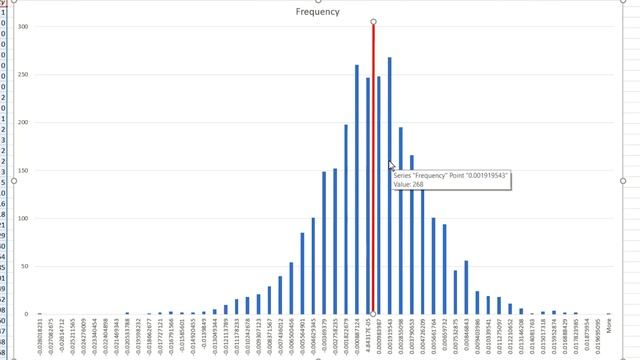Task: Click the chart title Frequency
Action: pos(318,12)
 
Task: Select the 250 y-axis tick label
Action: pos(24,75)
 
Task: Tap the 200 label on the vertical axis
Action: pos(24,123)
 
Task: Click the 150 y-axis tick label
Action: pos(24,171)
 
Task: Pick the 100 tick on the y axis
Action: pos(24,219)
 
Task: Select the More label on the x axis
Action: pos(610,326)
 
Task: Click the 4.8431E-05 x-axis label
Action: pos(368,334)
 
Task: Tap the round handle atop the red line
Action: pos(373,21)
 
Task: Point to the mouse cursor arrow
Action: pos(391,165)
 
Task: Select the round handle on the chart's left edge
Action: pos(14,181)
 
